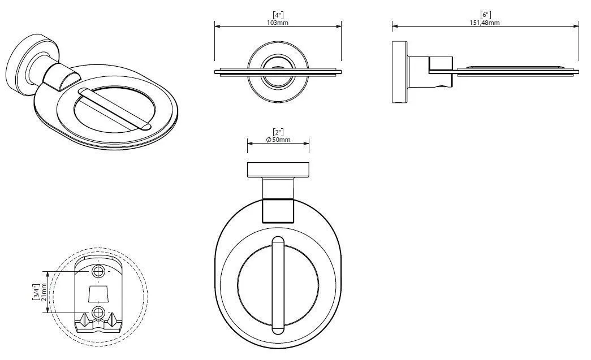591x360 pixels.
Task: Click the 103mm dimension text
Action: (x=278, y=23)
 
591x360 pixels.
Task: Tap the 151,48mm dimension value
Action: (x=485, y=23)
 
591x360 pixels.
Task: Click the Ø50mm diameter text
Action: (x=278, y=140)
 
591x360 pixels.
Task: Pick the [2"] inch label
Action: (x=278, y=132)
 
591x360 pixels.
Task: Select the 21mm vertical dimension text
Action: (x=44, y=293)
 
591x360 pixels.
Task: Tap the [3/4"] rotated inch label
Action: (x=36, y=293)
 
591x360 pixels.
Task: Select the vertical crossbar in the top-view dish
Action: (x=278, y=285)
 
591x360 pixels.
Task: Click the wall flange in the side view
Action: (x=400, y=72)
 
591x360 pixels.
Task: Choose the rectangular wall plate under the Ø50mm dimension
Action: (x=278, y=170)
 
